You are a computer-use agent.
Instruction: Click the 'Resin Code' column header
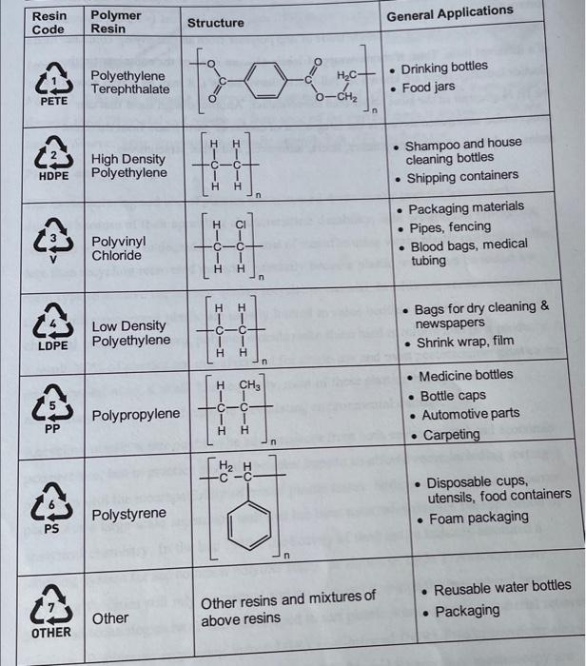point(49,22)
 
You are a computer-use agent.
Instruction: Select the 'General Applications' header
point(449,12)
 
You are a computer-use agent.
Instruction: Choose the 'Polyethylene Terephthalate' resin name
point(129,82)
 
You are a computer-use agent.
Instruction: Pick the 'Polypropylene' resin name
point(135,415)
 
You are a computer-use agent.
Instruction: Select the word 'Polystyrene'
point(128,514)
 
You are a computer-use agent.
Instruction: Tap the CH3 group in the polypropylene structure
point(249,385)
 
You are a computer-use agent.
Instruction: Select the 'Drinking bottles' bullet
point(443,68)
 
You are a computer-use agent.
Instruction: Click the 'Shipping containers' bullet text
point(462,176)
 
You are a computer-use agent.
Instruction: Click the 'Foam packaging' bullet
point(479,518)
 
